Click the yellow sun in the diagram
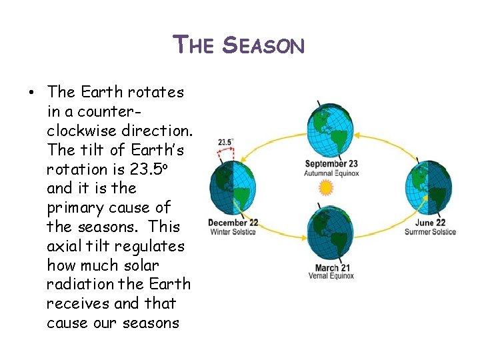coord(325,187)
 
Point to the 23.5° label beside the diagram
coord(225,142)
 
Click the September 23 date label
coord(332,164)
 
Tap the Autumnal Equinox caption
coord(332,173)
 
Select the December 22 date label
coord(233,223)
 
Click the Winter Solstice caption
coord(233,231)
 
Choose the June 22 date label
coord(430,223)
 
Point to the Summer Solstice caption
coord(430,231)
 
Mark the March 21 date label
coord(331,268)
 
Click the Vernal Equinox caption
coord(331,277)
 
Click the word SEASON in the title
coord(263,46)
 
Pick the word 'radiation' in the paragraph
coord(79,284)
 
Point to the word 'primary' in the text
coord(75,207)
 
